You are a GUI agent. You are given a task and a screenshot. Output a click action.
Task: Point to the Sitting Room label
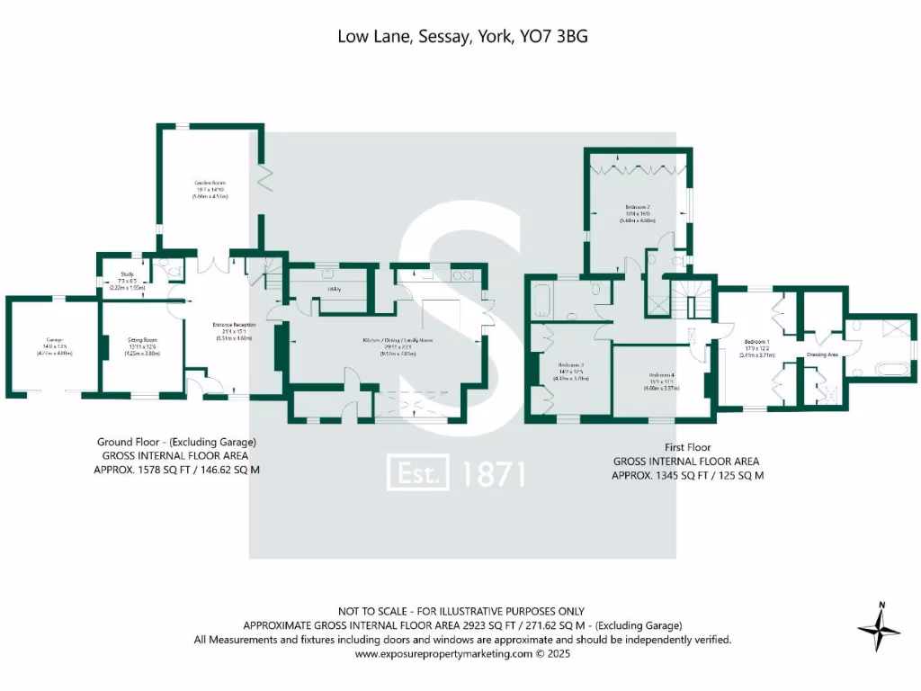click(143, 341)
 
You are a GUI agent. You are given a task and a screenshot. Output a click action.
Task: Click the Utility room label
click(333, 288)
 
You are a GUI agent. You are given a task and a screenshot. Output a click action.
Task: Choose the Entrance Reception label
click(234, 324)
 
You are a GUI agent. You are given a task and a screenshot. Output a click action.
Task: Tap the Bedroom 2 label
click(638, 207)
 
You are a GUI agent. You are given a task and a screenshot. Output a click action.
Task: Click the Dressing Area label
click(822, 355)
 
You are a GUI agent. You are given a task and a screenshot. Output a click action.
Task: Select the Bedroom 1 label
click(756, 342)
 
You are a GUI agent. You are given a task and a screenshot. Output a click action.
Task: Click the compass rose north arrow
click(880, 626)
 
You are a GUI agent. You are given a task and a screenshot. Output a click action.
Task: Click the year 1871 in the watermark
click(493, 473)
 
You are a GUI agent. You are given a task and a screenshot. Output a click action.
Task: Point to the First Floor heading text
click(687, 447)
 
